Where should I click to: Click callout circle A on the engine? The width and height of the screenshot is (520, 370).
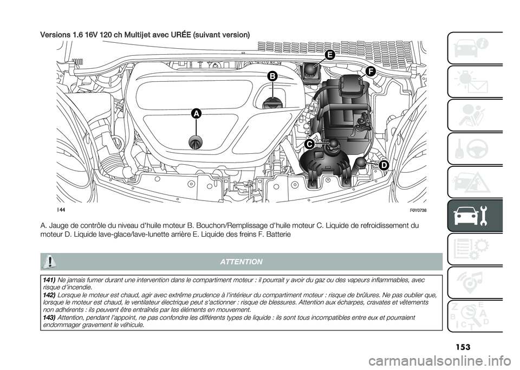tap(196, 113)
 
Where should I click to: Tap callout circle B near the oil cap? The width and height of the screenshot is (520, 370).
tap(271, 77)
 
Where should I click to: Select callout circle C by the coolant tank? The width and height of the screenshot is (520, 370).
tap(309, 144)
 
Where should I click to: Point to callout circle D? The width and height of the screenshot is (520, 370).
tap(383, 165)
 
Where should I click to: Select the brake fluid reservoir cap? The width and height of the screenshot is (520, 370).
tap(311, 70)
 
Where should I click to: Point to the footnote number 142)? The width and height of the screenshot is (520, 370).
tap(49, 294)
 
